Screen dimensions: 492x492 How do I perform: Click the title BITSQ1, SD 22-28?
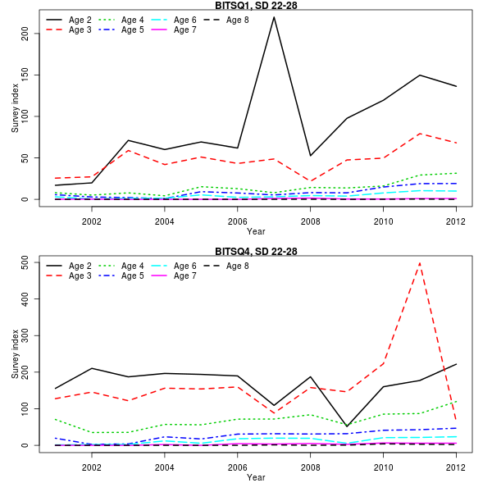255,5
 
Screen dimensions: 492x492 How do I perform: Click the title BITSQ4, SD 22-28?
255,251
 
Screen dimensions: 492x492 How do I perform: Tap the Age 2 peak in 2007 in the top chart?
274,17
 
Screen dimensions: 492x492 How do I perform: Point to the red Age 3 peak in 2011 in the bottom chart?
420,262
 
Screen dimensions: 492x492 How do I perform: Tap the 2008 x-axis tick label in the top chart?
310,221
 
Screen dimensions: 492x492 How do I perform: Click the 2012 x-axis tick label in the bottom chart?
456,467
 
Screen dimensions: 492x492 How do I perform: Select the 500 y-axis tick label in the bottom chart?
25,262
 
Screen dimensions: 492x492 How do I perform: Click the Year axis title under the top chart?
256,231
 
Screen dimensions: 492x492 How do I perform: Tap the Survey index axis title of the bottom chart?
14,353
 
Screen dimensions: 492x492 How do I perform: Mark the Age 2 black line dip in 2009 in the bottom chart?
347,426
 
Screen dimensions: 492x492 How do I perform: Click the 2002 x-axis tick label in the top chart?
92,221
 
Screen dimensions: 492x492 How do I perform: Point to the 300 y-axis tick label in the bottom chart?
25,335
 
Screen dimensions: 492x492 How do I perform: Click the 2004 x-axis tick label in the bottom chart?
165,467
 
